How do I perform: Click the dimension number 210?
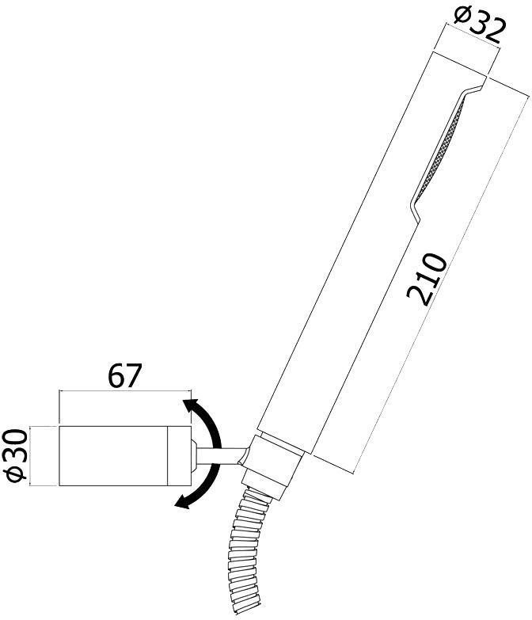click(427, 280)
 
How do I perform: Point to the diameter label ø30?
click(16, 456)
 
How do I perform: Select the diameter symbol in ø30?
click(16, 473)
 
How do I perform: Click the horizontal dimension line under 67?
click(124, 391)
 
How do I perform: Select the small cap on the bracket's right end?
click(192, 455)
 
